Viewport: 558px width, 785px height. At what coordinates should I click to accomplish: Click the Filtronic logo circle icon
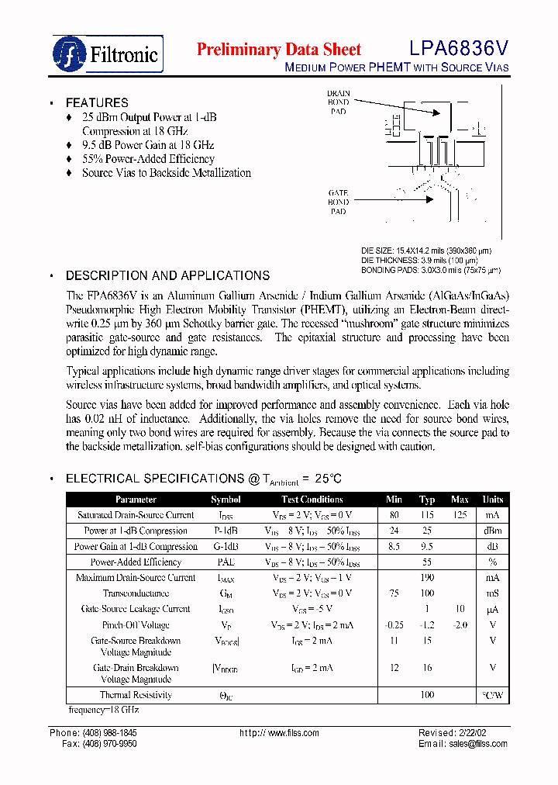point(70,53)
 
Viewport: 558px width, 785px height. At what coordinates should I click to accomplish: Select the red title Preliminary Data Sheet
point(278,50)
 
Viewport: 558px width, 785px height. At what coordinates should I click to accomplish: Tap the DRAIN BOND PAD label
point(338,102)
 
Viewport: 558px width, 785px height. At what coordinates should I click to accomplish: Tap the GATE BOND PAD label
point(338,202)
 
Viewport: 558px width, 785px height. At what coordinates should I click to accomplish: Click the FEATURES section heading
point(97,102)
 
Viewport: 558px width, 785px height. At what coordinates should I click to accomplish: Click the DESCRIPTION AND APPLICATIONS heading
point(167,275)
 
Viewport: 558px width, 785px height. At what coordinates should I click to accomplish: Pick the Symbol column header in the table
point(226,500)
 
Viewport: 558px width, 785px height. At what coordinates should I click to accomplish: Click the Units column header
point(492,500)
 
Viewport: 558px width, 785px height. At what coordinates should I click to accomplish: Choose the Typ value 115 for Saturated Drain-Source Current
point(427,515)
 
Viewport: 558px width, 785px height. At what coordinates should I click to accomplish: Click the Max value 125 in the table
point(460,515)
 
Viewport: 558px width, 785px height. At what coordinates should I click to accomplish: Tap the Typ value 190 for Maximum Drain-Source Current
point(427,578)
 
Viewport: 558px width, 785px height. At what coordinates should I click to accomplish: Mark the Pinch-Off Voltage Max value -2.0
point(460,624)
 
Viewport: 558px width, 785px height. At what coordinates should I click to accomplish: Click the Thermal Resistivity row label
point(136,695)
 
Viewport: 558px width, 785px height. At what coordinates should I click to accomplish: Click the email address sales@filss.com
point(477,744)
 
